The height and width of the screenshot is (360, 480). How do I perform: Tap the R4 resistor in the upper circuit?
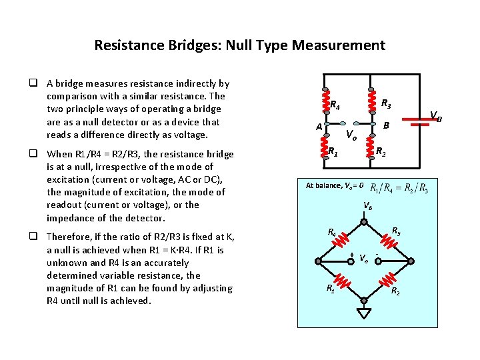pyautogui.click(x=325, y=104)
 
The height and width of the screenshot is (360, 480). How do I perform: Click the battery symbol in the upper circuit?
pyautogui.click(x=418, y=123)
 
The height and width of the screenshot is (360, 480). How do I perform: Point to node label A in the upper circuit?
pyautogui.click(x=319, y=127)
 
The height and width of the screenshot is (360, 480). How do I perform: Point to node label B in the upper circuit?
pyautogui.click(x=385, y=125)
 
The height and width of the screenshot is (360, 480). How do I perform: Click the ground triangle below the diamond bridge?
pyautogui.click(x=364, y=313)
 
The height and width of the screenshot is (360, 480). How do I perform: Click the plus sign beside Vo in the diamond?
pyautogui.click(x=351, y=256)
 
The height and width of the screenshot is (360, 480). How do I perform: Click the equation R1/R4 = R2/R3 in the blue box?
pyautogui.click(x=399, y=187)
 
